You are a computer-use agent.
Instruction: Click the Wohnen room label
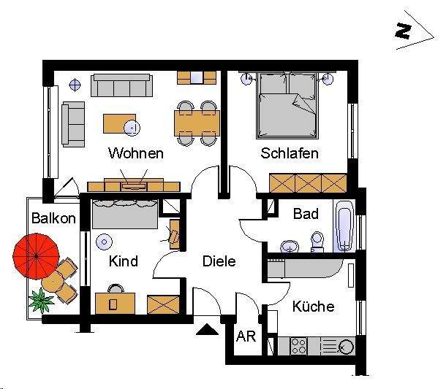click(x=135, y=154)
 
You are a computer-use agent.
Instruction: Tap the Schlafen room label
click(x=290, y=154)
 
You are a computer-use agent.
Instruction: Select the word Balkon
click(x=53, y=218)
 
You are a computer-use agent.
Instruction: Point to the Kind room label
click(x=123, y=261)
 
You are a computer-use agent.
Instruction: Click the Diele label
click(x=219, y=261)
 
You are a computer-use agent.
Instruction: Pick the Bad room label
click(x=306, y=214)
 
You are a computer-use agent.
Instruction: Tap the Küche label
click(x=313, y=307)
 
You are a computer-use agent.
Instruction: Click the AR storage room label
click(x=245, y=337)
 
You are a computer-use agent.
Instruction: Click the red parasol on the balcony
click(x=35, y=255)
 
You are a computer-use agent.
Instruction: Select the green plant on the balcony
click(x=40, y=299)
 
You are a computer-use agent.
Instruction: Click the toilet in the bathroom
click(x=317, y=241)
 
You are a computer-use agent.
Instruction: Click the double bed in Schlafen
click(x=287, y=107)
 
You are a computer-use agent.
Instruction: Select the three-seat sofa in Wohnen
click(x=122, y=86)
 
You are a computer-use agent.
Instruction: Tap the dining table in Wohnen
click(x=197, y=121)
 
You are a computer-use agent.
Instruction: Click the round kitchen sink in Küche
click(x=346, y=347)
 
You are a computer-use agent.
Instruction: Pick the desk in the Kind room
click(x=115, y=302)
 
